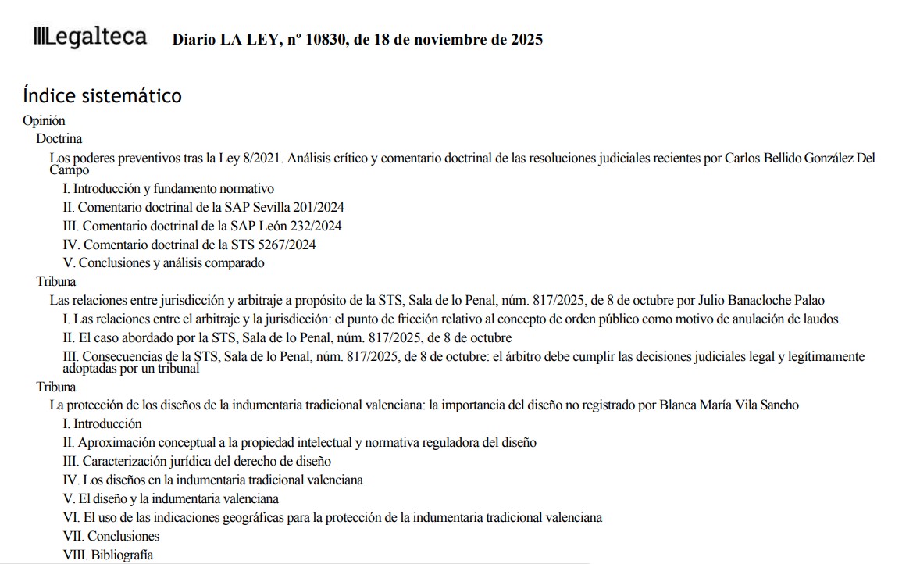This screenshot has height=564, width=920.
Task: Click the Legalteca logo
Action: tap(90, 37)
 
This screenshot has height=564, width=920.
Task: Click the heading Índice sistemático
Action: tap(102, 96)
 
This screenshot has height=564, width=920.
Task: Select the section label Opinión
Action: tap(45, 121)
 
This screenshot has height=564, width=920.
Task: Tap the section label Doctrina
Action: tap(59, 139)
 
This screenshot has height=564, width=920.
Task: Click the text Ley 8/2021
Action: tap(251, 158)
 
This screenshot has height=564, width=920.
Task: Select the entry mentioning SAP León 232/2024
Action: tap(201, 226)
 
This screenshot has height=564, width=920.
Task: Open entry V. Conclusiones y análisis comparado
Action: tap(163, 263)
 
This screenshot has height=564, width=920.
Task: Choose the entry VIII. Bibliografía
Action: tap(108, 555)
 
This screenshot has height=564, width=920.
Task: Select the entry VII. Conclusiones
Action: tap(111, 537)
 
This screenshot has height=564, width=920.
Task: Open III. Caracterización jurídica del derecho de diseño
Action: tap(197, 461)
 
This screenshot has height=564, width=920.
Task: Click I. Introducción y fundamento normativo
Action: tap(168, 189)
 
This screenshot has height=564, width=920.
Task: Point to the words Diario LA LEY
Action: tap(220, 40)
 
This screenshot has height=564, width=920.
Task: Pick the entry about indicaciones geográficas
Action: tap(333, 518)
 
